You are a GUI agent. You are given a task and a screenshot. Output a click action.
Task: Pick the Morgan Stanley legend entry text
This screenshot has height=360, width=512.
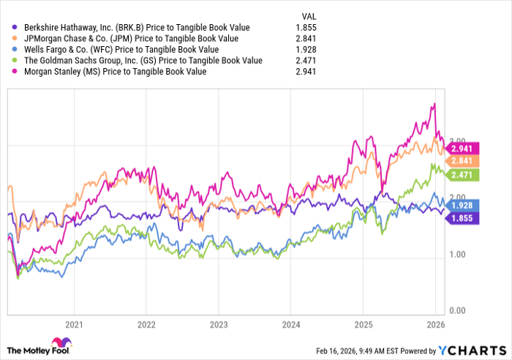[x=116, y=72]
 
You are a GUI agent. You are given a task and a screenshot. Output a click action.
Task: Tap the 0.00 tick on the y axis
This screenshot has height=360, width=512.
[x=458, y=311]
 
